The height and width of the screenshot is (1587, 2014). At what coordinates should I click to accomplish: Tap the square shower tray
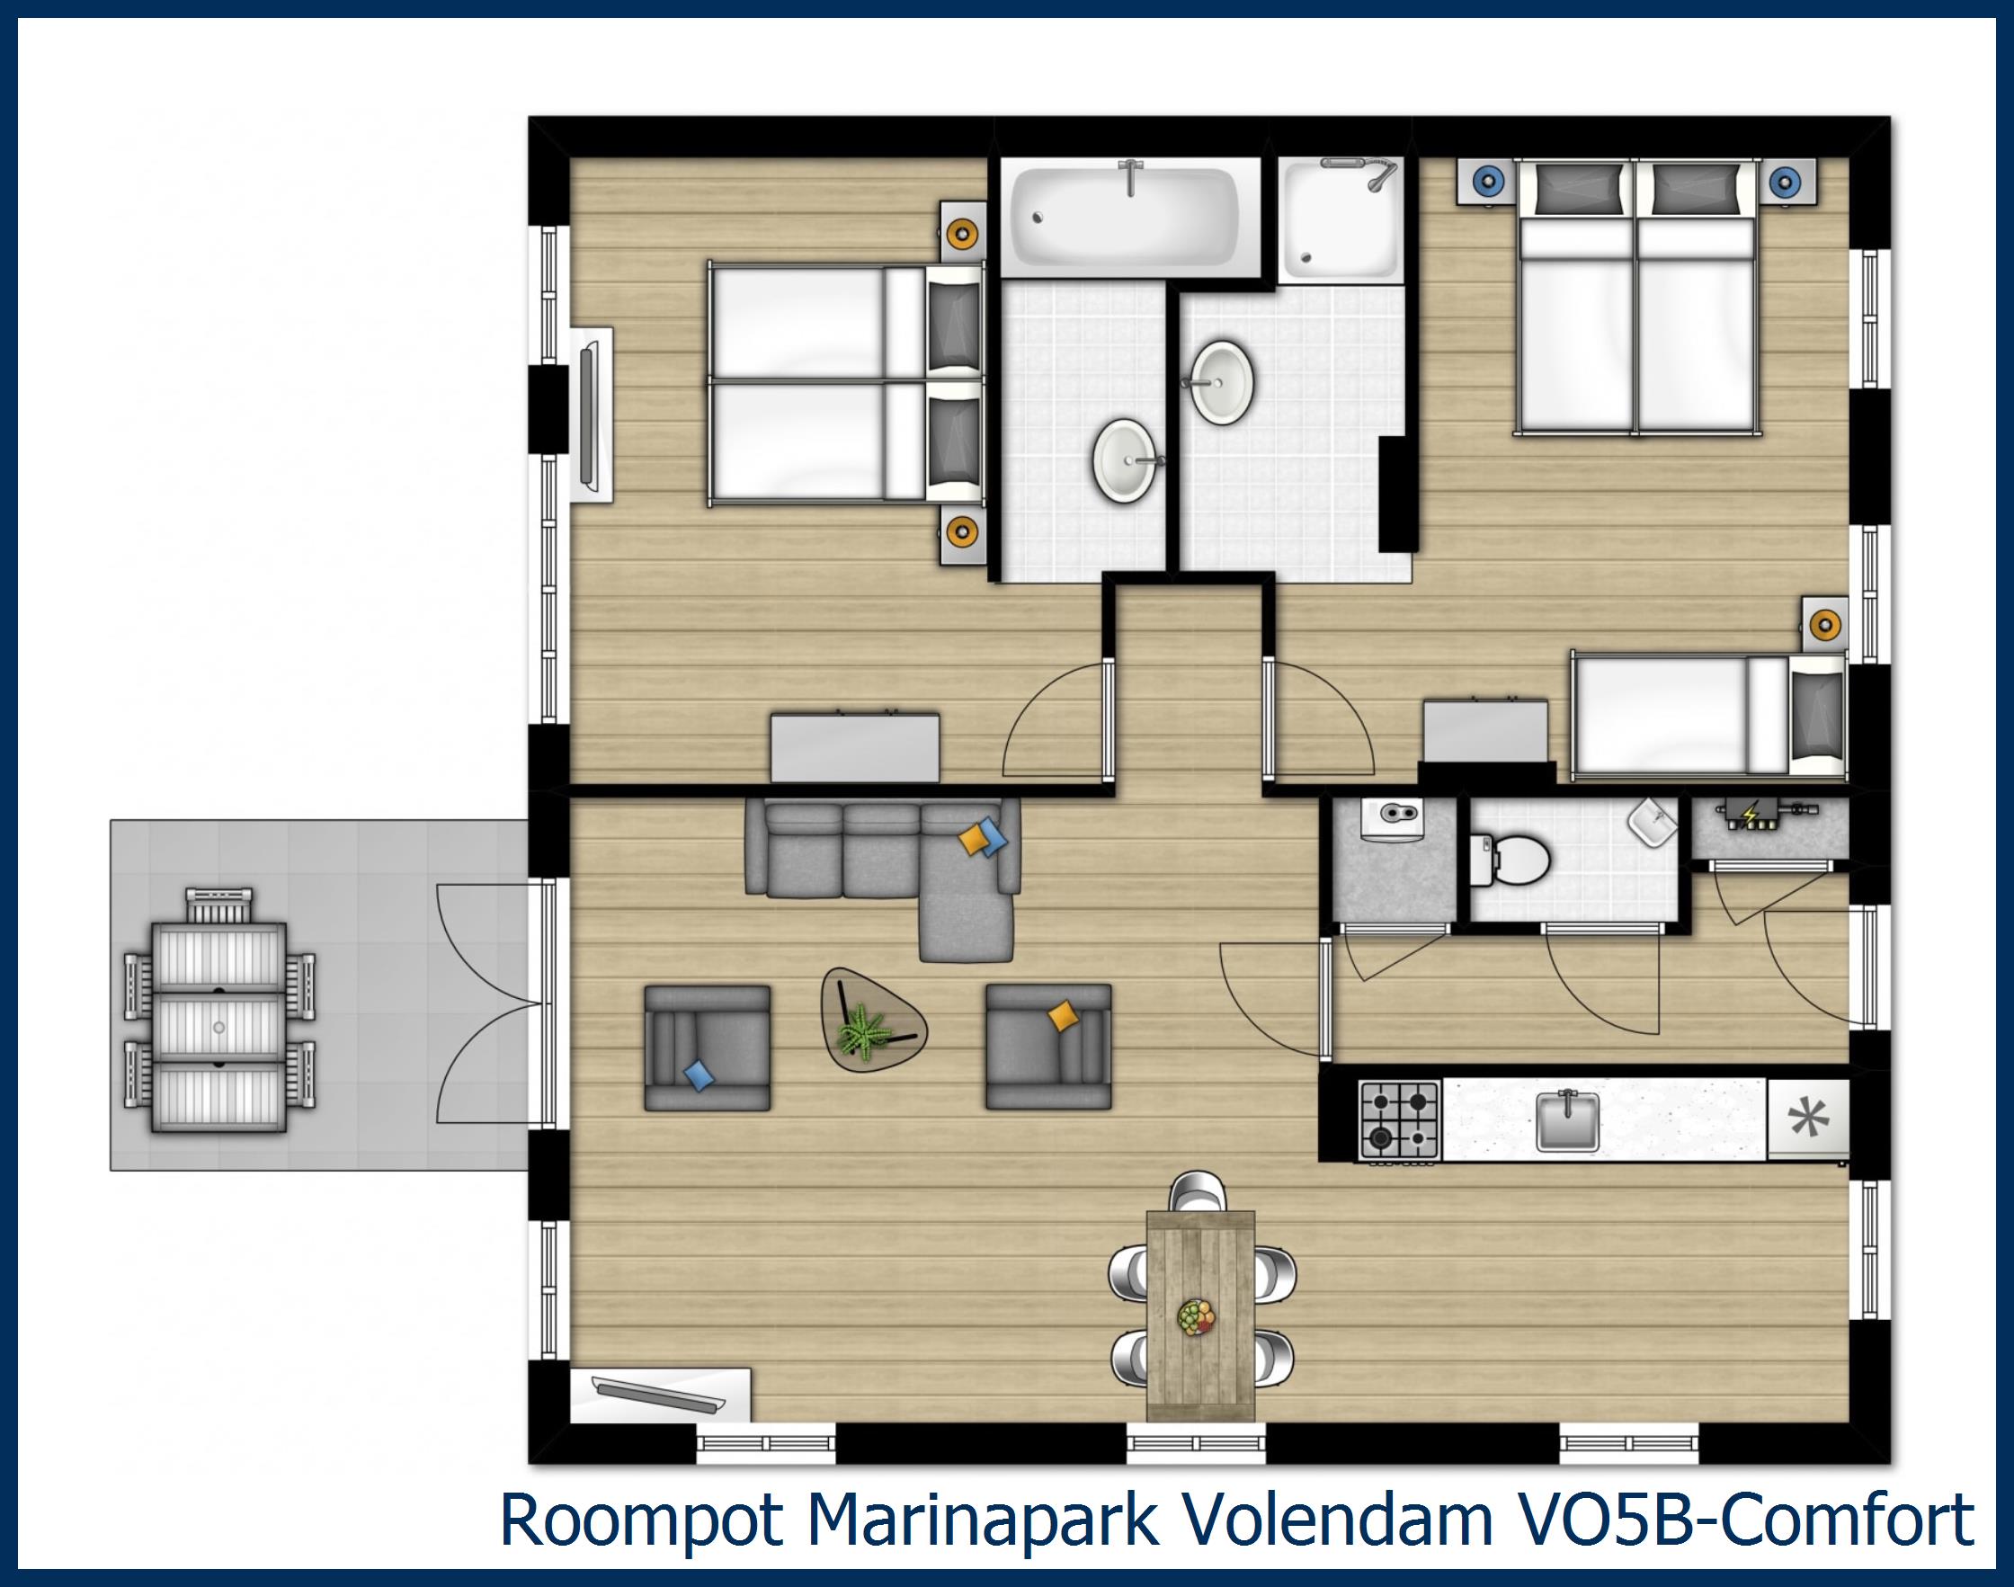pos(1340,220)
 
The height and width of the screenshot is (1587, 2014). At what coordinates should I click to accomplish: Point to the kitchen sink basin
pos(1567,1119)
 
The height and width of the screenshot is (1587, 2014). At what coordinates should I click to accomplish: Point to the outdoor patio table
pos(218,1028)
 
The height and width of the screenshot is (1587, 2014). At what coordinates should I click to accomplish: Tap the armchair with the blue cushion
pos(707,1048)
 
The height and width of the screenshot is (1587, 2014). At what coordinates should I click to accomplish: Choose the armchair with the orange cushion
pos(1048,1048)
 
